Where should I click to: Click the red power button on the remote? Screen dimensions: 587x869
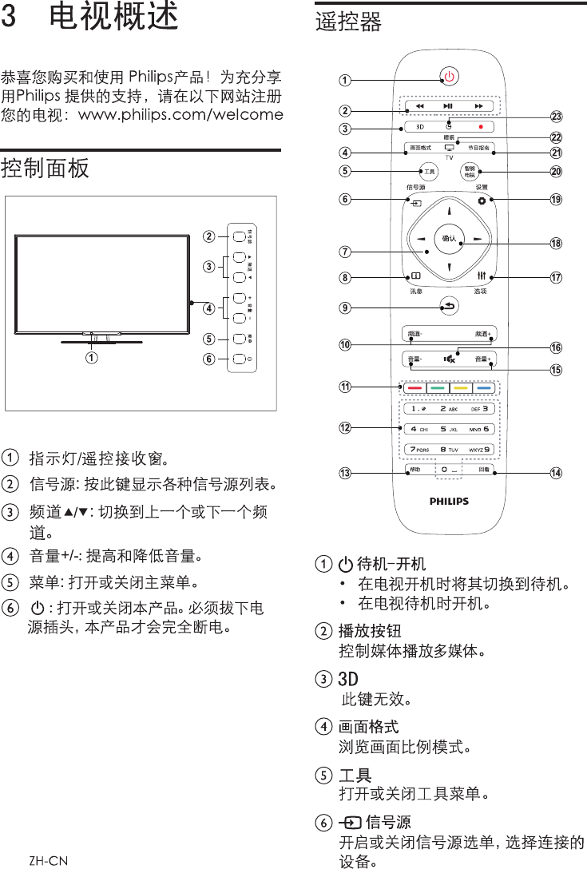coord(450,77)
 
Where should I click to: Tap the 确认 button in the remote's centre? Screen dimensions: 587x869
coord(449,238)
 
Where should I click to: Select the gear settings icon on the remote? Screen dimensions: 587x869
coord(482,200)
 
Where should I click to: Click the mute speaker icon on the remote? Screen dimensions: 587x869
coord(449,359)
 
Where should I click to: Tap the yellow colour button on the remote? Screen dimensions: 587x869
coord(460,388)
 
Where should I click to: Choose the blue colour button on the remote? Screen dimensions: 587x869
coord(483,388)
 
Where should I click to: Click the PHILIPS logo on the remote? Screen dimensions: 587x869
coord(449,502)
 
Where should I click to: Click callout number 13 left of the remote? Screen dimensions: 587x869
coord(344,473)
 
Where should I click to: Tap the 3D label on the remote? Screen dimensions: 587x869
coord(419,127)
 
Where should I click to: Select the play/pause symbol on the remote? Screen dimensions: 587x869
coord(449,105)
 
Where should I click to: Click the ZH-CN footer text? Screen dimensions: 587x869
coord(48,860)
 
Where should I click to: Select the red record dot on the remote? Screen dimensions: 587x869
coord(482,127)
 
